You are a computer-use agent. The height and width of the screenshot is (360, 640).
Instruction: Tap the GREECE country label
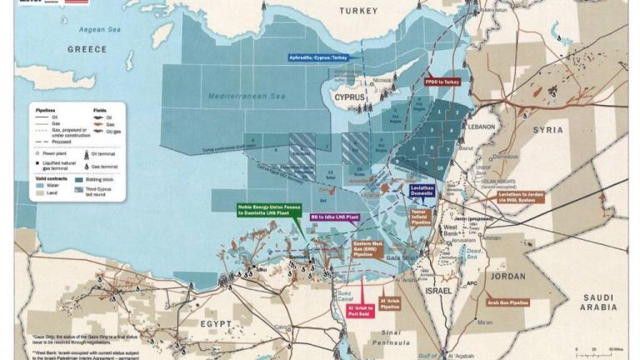pyautogui.click(x=87, y=49)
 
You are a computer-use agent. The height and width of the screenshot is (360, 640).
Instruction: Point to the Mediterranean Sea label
pyautogui.click(x=247, y=97)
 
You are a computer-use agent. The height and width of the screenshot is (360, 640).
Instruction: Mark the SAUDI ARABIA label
pyautogui.click(x=597, y=302)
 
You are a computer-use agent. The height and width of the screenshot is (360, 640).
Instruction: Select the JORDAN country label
pyautogui.click(x=507, y=276)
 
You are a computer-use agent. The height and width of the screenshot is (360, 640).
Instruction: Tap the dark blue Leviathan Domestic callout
pyautogui.click(x=428, y=191)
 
